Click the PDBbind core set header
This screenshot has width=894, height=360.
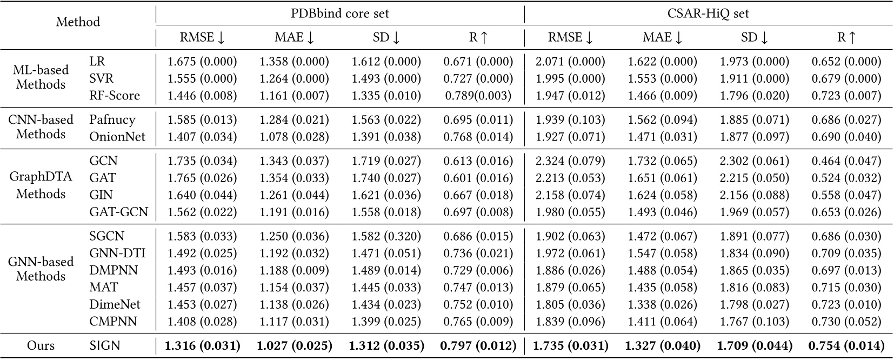[339, 13]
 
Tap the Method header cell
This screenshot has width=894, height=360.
[78, 22]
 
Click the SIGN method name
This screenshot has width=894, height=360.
[105, 345]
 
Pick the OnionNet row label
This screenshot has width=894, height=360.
[117, 137]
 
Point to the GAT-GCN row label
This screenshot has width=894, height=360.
[118, 212]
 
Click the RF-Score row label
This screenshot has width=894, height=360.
[115, 96]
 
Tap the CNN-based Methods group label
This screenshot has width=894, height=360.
[41, 128]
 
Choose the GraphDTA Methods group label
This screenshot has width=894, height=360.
[41, 186]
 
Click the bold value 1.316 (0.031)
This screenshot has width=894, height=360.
[203, 345]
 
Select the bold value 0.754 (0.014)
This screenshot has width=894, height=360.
[846, 345]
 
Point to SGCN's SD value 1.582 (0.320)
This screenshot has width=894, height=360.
[386, 236]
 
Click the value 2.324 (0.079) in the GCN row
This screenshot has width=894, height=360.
[570, 161]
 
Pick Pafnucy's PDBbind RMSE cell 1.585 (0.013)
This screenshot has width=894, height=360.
[202, 120]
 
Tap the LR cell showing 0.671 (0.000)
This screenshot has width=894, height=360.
[478, 62]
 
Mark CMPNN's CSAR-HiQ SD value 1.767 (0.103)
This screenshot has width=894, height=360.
[754, 322]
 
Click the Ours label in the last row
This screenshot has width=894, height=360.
[41, 345]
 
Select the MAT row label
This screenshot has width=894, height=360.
[103, 288]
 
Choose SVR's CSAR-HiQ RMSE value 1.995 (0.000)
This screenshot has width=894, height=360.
[570, 79]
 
